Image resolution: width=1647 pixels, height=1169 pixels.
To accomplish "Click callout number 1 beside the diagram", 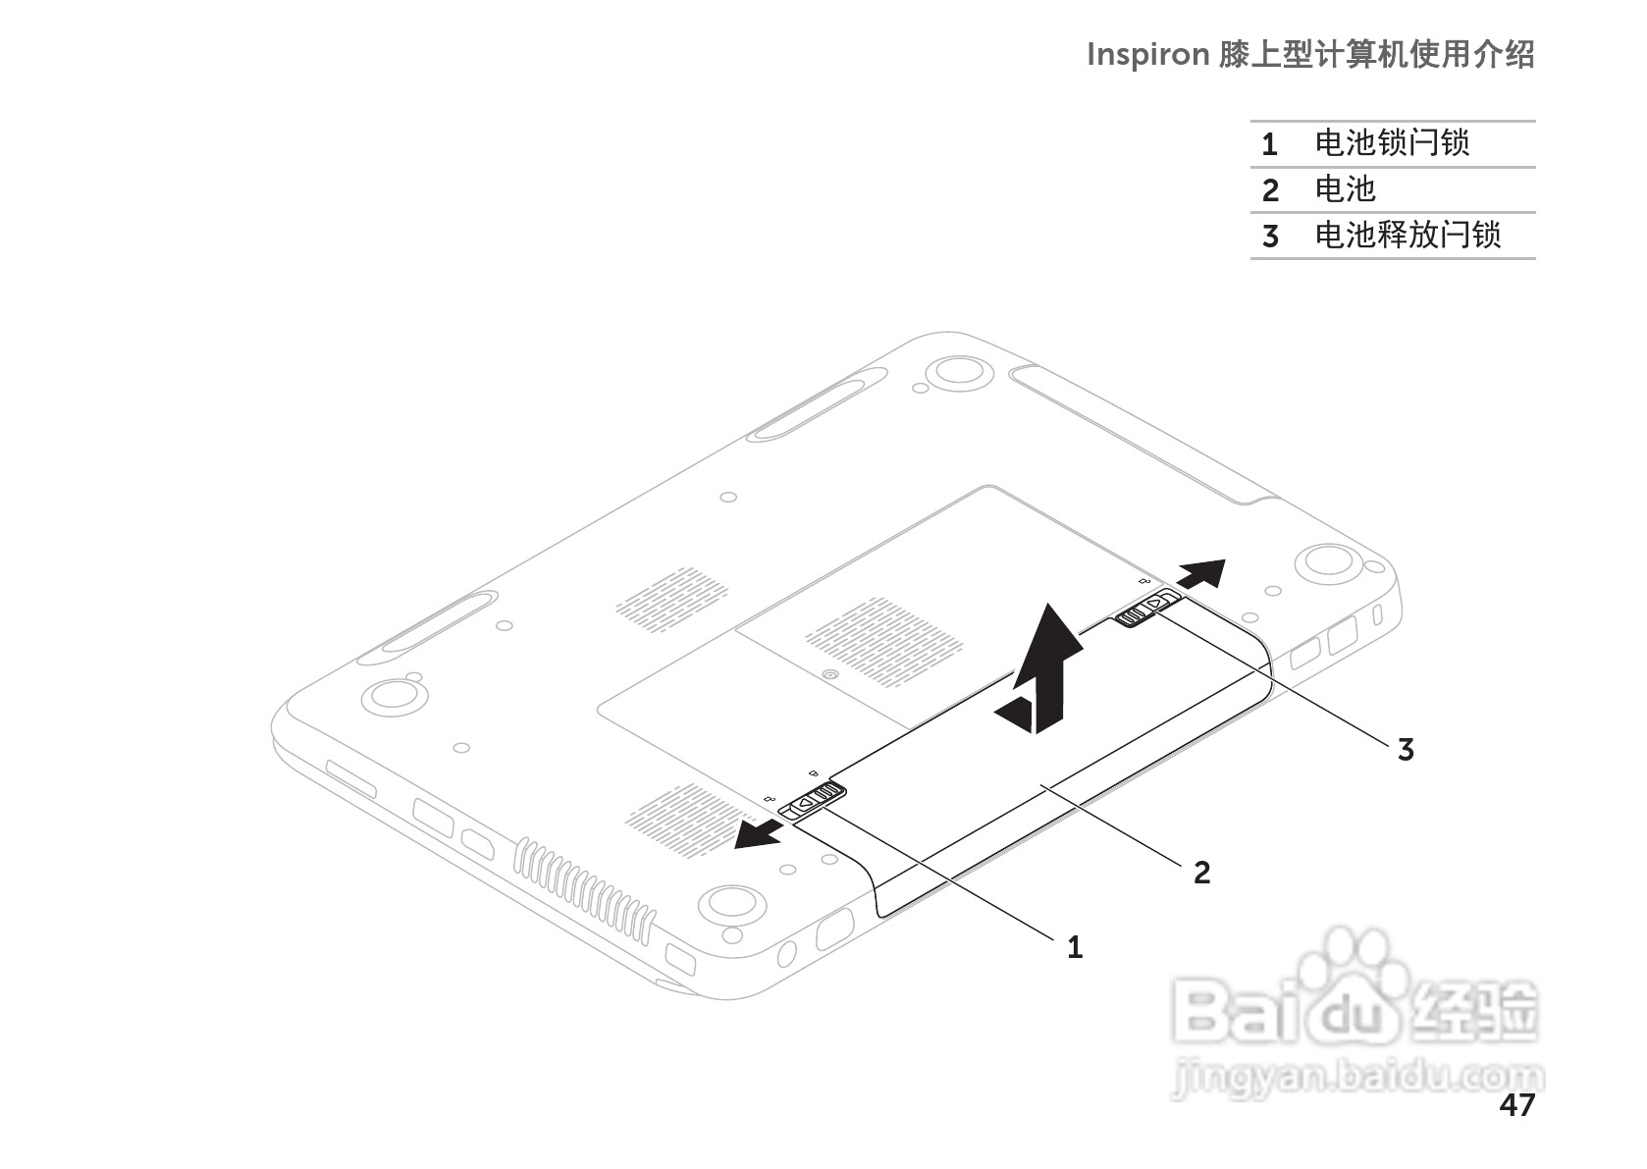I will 1075,947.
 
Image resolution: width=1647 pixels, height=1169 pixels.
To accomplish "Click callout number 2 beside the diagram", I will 1202,872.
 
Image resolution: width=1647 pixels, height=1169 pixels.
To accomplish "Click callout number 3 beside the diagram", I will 1406,750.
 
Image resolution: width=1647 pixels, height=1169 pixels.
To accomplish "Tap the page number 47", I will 1516,1105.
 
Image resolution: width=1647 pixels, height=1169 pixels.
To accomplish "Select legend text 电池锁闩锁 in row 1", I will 1392,143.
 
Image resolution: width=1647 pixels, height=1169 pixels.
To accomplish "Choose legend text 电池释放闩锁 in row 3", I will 1408,236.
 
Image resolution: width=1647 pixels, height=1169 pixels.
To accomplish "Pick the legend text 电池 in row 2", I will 1345,189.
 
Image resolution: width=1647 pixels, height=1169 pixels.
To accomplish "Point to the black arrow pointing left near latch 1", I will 759,836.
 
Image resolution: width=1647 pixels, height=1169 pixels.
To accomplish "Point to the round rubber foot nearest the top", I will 957,370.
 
